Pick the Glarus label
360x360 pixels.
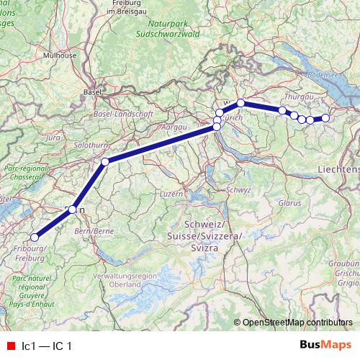tap(289, 204)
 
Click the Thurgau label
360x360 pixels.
tap(297, 96)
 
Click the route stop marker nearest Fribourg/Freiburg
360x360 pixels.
tap(34, 237)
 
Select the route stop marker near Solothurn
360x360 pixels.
tap(105, 162)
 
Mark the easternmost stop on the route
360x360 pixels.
tap(325, 118)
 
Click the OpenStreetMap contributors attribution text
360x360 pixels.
tap(297, 322)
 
